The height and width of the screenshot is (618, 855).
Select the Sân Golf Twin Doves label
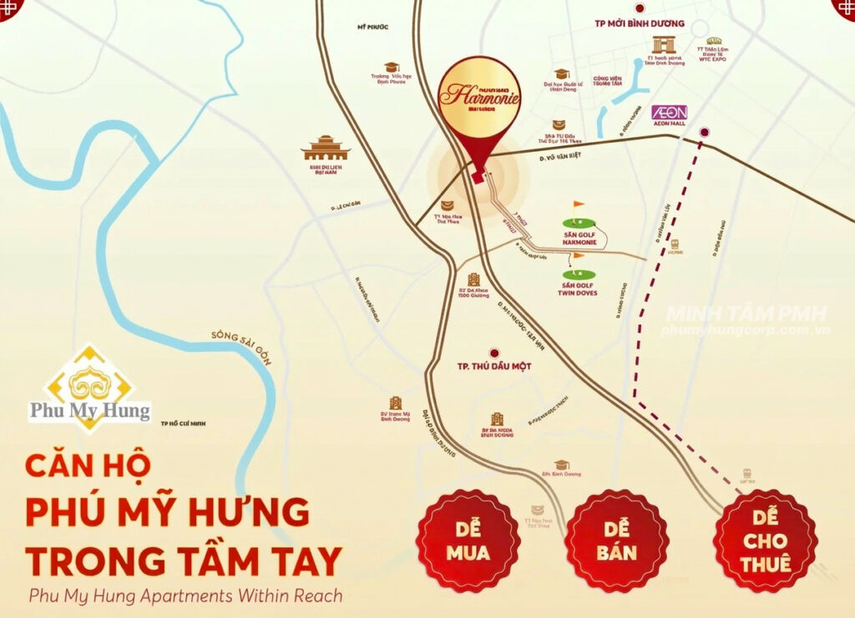[x=579, y=289]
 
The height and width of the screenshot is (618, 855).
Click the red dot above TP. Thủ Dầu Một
[x=494, y=353]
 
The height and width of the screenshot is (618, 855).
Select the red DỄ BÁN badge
[x=617, y=541]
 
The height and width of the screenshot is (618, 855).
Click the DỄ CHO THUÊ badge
[x=765, y=541]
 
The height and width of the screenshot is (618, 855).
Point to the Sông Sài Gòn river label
[x=233, y=342]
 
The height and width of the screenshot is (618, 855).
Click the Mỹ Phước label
[x=373, y=27]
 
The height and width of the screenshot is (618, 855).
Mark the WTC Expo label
[x=713, y=61]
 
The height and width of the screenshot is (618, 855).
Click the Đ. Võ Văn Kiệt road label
[x=559, y=154]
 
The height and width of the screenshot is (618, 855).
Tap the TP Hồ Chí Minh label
[x=184, y=424]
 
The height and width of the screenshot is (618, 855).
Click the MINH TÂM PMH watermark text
[x=746, y=314]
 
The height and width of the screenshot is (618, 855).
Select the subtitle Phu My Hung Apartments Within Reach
[x=185, y=596]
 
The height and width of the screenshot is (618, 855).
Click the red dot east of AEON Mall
[x=705, y=132]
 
